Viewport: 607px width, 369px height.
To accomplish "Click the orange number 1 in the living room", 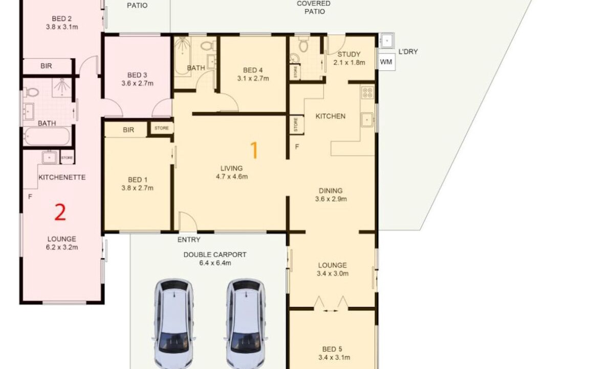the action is tap(254, 150).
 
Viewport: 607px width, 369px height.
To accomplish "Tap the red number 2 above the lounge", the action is tap(60, 212).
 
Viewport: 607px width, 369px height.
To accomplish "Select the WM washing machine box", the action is tap(386, 62).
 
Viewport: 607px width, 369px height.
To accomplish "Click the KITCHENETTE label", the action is tap(62, 177).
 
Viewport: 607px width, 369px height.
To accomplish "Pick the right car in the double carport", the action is tap(246, 324).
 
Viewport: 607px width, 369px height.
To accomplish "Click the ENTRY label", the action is tap(189, 240).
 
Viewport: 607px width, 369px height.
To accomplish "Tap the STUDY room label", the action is tap(349, 54).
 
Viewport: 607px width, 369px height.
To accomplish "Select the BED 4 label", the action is tap(253, 70).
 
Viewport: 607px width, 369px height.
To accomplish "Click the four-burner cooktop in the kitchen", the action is tap(367, 93).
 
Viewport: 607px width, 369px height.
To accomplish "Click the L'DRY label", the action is tap(408, 52).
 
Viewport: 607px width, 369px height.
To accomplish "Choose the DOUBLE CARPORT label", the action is tap(215, 255).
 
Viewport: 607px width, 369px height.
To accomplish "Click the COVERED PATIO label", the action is tap(314, 7).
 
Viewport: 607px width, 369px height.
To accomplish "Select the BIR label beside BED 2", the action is tap(46, 66).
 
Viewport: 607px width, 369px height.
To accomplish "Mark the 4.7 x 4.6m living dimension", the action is tap(232, 177).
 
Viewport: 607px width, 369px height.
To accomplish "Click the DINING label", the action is tap(331, 191).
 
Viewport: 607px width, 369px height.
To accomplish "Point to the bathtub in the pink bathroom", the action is tap(47, 136).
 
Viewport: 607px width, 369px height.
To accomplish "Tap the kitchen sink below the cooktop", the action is tap(367, 120).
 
